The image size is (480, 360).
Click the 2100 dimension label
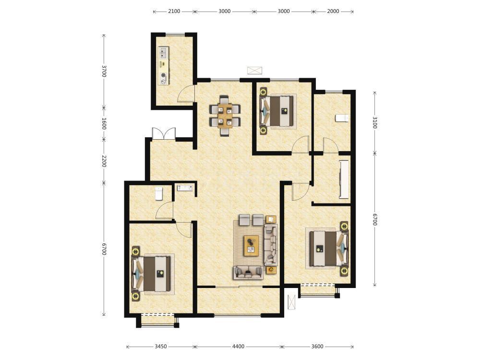[x=174, y=12]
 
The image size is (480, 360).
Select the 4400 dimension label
[x=238, y=347]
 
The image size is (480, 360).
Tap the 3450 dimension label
[x=160, y=347]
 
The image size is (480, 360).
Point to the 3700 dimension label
[x=104, y=71]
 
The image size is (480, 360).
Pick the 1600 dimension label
[x=104, y=123]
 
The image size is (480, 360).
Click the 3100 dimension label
[x=375, y=122]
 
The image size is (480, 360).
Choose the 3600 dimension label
[x=317, y=347]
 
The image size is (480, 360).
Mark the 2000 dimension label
[x=333, y=12]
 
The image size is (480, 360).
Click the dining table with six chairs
[x=225, y=116]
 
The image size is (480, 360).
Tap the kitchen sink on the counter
[x=163, y=52]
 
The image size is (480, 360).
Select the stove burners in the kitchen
[x=164, y=78]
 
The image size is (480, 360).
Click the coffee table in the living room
[x=252, y=245]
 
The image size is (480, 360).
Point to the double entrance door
[x=164, y=134]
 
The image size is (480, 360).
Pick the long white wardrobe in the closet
[x=344, y=179]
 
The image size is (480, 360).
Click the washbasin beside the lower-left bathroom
[x=185, y=187]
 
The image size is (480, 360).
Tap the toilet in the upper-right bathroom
[x=342, y=118]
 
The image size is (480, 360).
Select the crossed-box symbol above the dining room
[x=255, y=71]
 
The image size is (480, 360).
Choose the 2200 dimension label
[x=104, y=161]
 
